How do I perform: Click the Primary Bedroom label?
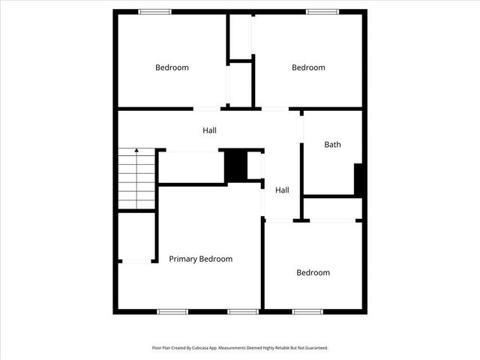point(200,259)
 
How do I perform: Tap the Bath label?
point(332,145)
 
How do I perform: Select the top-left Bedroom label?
point(172,67)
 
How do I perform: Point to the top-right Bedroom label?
point(308,67)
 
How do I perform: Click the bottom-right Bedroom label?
point(313,272)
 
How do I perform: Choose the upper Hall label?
point(209,130)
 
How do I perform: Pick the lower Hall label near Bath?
point(282,190)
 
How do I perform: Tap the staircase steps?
point(136,180)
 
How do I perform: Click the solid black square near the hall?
point(236,166)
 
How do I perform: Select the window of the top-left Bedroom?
point(154,11)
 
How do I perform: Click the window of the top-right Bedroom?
point(322,11)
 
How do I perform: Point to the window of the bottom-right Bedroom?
point(307,311)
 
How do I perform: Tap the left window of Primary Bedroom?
point(172,311)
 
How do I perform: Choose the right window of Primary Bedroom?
point(243,311)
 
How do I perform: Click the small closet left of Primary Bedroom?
point(136,236)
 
